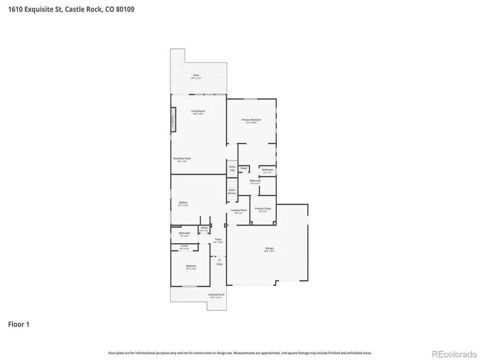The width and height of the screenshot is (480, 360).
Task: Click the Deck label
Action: tap(196, 76)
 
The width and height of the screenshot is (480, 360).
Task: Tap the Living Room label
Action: tap(198, 111)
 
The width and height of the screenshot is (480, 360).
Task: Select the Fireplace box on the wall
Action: tap(173, 118)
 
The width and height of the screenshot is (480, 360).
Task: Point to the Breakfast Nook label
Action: tap(182, 158)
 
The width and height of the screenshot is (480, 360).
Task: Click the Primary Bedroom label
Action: tap(251, 120)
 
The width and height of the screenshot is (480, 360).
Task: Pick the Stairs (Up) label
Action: tap(232, 167)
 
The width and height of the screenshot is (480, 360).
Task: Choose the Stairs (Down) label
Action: tap(232, 190)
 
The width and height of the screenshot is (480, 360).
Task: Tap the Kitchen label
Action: tap(183, 203)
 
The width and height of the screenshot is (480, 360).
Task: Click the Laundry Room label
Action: tap(238, 210)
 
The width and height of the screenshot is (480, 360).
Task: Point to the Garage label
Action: tap(269, 248)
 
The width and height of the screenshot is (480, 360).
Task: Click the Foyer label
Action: tap(218, 240)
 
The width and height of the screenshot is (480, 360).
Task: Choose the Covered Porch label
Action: tap(216, 294)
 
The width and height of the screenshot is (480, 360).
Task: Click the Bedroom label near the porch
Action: tap(191, 266)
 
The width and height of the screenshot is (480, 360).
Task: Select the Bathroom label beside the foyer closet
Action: tap(185, 233)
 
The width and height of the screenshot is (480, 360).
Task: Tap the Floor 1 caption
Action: tap(19, 324)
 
